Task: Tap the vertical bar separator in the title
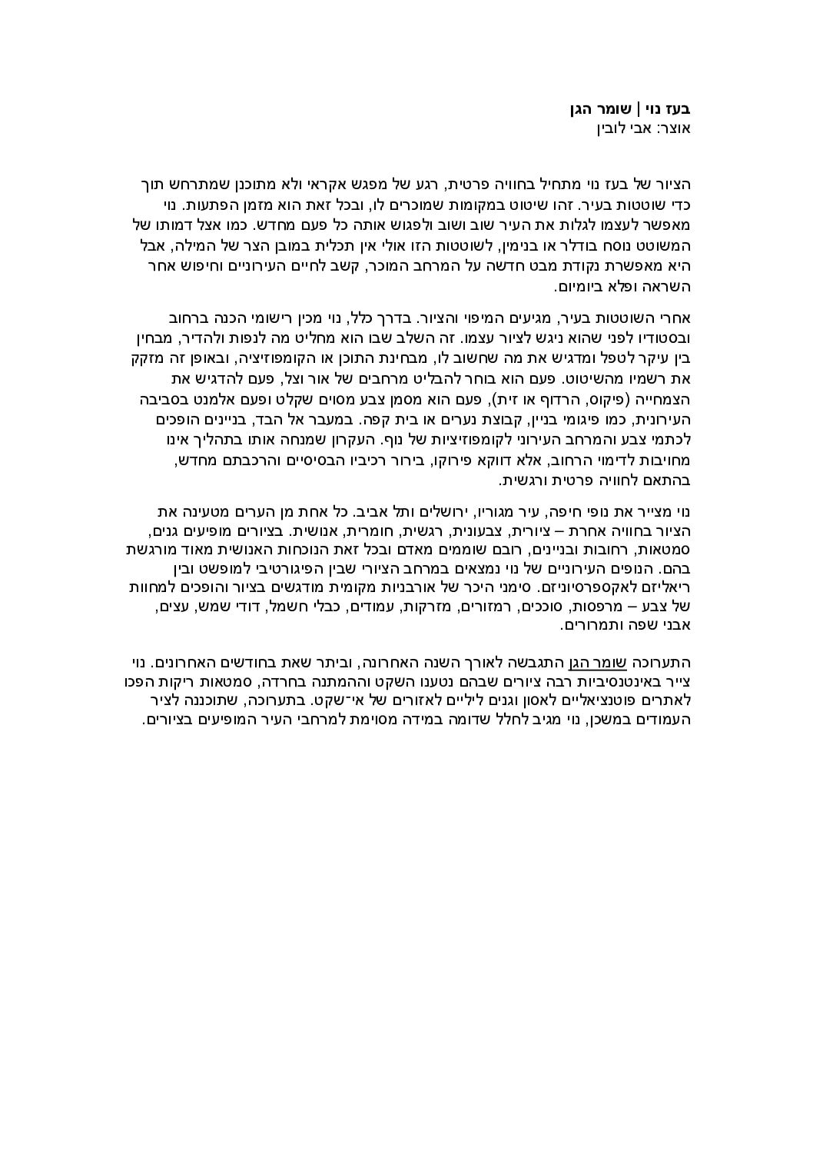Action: pyautogui.click(x=640, y=108)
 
